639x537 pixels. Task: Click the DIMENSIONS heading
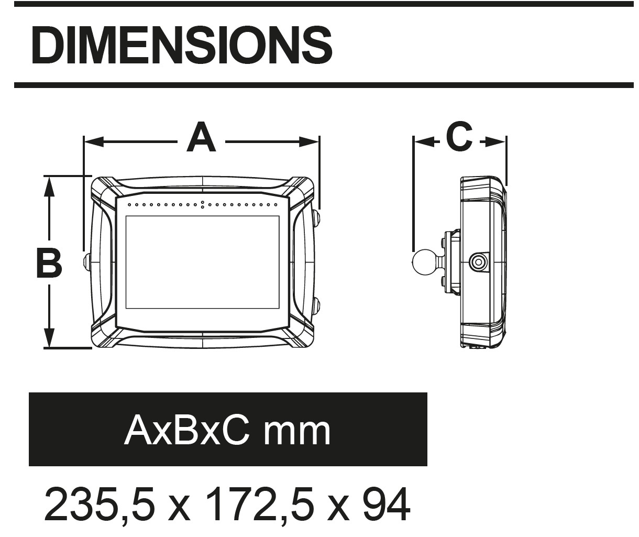(181, 45)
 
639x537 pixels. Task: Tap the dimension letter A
(201, 137)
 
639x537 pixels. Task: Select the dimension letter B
(49, 263)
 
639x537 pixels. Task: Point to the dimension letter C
(459, 136)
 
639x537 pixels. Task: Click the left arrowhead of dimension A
(94, 142)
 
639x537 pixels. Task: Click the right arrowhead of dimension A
(309, 142)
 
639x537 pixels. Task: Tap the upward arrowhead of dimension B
(49, 187)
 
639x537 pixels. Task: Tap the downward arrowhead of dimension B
(49, 338)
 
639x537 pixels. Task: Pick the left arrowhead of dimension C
(424, 142)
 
